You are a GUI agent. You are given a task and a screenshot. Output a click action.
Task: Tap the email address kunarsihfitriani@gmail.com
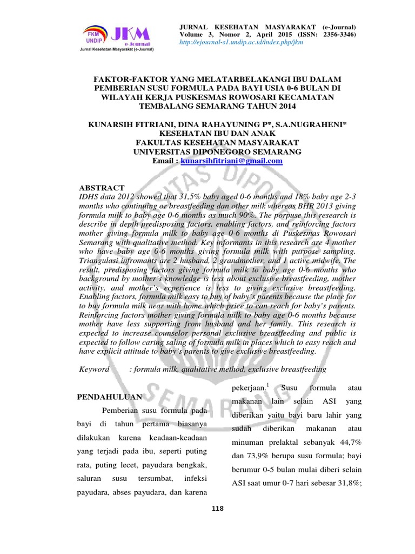pos(232,161)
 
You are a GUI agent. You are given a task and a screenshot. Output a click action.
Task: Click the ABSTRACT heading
pos(102,187)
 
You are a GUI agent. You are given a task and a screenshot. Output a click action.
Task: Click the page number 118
pos(218,507)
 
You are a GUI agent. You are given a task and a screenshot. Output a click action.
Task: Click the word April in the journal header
pos(291,35)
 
